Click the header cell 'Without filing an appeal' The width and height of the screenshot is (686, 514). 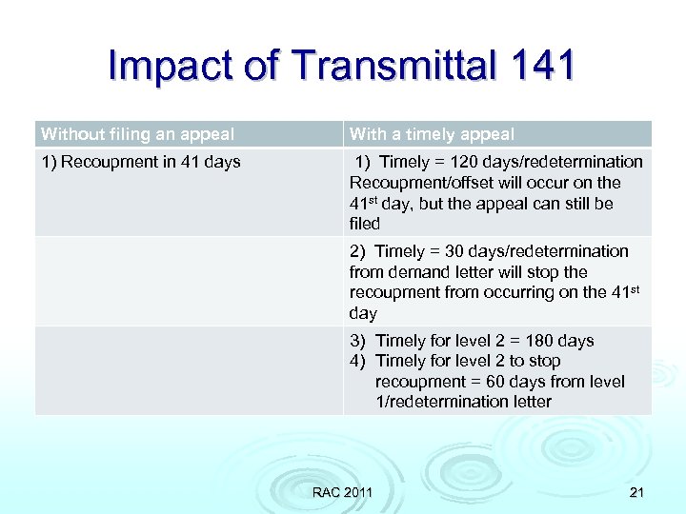pyautogui.click(x=137, y=134)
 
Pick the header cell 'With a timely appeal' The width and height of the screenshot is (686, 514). pyautogui.click(x=432, y=134)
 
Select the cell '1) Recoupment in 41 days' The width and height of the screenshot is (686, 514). pyautogui.click(x=141, y=162)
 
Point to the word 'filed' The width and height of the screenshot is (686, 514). pyautogui.click(x=364, y=224)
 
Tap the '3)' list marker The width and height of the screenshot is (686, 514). pyautogui.click(x=357, y=341)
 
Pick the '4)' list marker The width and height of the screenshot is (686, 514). pyautogui.click(x=357, y=361)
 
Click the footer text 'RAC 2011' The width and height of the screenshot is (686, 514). pyautogui.click(x=342, y=491)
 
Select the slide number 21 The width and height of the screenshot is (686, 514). pyautogui.click(x=636, y=491)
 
